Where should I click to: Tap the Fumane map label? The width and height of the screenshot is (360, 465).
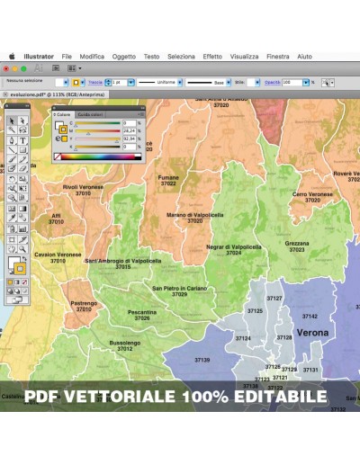pos(168,178)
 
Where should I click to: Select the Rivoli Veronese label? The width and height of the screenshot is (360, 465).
pos(83,187)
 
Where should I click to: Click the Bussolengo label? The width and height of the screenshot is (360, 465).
pos(125,343)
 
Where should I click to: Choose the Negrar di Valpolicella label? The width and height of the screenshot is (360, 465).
pos(234,246)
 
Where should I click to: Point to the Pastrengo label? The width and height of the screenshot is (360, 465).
pos(84,303)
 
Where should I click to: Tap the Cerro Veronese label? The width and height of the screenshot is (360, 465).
pos(312,193)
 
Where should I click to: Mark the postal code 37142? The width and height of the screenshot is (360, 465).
pos(310,317)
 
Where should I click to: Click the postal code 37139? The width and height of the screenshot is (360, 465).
pos(202,360)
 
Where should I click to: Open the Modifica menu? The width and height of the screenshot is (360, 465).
pos(92,56)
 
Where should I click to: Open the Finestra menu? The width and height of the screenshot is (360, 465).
pos(278,56)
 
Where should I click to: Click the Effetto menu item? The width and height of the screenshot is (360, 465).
pos(212,56)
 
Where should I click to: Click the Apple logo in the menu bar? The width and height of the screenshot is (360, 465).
pos(13,56)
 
